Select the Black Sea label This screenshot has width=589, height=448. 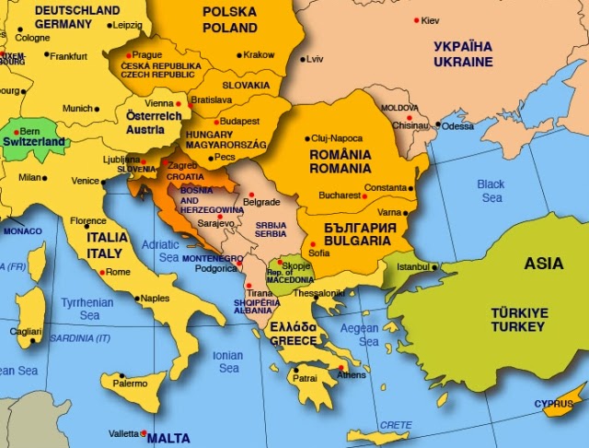click(x=491, y=191)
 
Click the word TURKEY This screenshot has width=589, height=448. click(x=518, y=327)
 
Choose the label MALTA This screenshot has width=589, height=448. click(x=168, y=438)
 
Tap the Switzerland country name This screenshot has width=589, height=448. click(x=33, y=143)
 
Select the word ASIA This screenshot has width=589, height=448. click(x=543, y=264)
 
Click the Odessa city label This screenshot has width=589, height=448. click(x=457, y=126)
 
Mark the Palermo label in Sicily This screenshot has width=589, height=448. click(x=130, y=383)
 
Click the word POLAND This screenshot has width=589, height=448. click(x=229, y=27)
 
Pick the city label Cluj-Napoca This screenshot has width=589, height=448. click(x=338, y=137)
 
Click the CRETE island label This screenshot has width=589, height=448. click(x=395, y=424)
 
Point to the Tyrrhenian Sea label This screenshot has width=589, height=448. click(x=87, y=308)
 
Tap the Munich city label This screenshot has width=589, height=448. click(x=77, y=108)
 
